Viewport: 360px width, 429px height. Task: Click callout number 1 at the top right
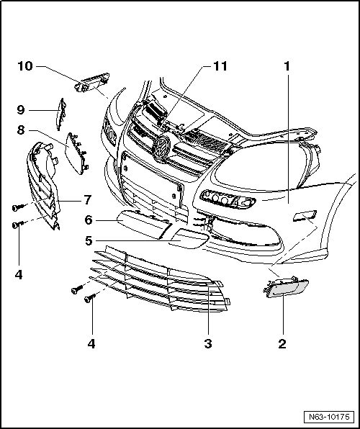287,66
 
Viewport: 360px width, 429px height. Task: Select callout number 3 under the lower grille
207,343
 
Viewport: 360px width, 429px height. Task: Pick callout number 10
25,66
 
